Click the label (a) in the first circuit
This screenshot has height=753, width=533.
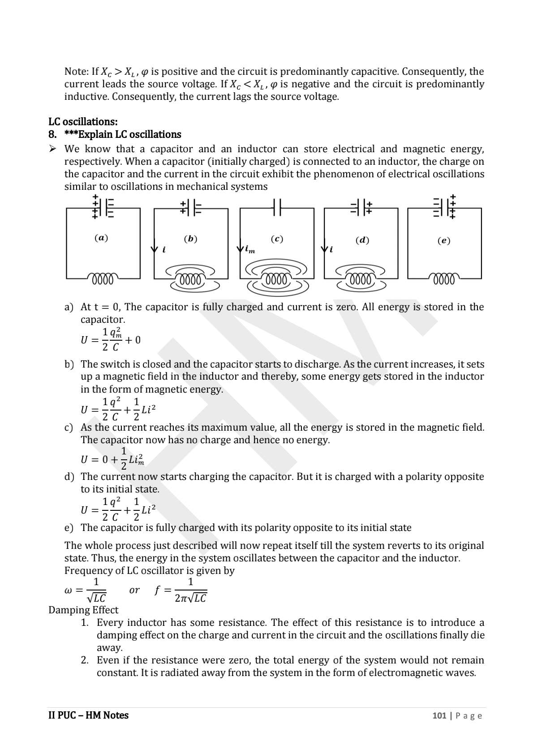tap(101, 238)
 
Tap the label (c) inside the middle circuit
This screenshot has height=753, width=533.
tap(277, 239)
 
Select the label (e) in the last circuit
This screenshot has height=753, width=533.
tap(443, 240)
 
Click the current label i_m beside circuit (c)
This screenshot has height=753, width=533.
tap(249, 249)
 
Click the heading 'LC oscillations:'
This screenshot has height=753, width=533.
tap(83, 122)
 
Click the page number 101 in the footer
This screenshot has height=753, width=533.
tap(439, 715)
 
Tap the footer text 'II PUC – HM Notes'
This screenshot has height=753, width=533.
tap(88, 715)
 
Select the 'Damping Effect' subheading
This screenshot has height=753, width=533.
tap(83, 610)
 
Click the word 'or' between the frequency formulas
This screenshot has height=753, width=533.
tap(134, 590)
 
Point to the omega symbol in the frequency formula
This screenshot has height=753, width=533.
tap(68, 590)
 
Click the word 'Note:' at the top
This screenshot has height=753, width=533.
tap(77, 72)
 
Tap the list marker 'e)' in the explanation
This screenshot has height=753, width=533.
tap(69, 528)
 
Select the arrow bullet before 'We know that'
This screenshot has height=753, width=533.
tap(52, 149)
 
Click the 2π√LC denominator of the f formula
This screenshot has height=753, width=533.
tap(191, 598)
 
